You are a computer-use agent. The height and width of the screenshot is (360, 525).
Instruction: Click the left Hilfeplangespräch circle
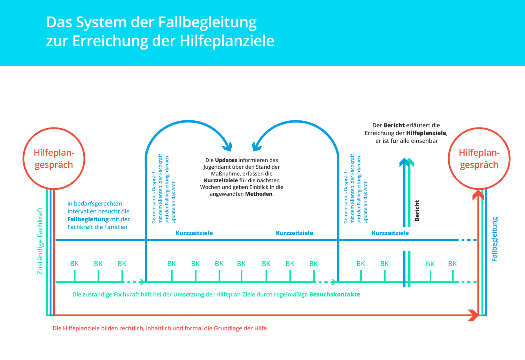[54, 158]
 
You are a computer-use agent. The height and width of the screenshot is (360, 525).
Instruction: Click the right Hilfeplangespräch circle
[479, 158]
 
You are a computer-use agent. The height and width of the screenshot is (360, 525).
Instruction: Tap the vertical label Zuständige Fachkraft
[40, 241]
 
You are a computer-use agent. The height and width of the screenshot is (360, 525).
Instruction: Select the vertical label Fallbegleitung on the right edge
[495, 239]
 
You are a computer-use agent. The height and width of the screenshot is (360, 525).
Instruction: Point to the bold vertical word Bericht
[417, 210]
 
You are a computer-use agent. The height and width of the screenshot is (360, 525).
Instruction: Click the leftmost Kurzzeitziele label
[194, 233]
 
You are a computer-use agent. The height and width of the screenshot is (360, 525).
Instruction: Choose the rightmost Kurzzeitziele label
[390, 233]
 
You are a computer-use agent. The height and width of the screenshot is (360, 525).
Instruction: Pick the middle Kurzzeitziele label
[294, 233]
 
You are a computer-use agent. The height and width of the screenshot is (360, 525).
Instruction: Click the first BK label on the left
[74, 264]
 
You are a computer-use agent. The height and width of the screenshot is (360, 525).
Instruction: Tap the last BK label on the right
[453, 264]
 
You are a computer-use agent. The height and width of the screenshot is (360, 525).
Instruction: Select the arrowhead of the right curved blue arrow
[257, 145]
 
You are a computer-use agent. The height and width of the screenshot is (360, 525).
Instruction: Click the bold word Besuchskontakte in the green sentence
[334, 294]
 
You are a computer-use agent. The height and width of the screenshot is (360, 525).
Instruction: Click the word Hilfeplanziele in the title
[227, 41]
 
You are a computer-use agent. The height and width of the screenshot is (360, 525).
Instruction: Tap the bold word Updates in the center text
[226, 160]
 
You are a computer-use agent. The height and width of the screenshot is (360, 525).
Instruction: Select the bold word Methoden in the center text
[259, 194]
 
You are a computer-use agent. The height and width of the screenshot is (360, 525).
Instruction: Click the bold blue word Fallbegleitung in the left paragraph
[88, 219]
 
